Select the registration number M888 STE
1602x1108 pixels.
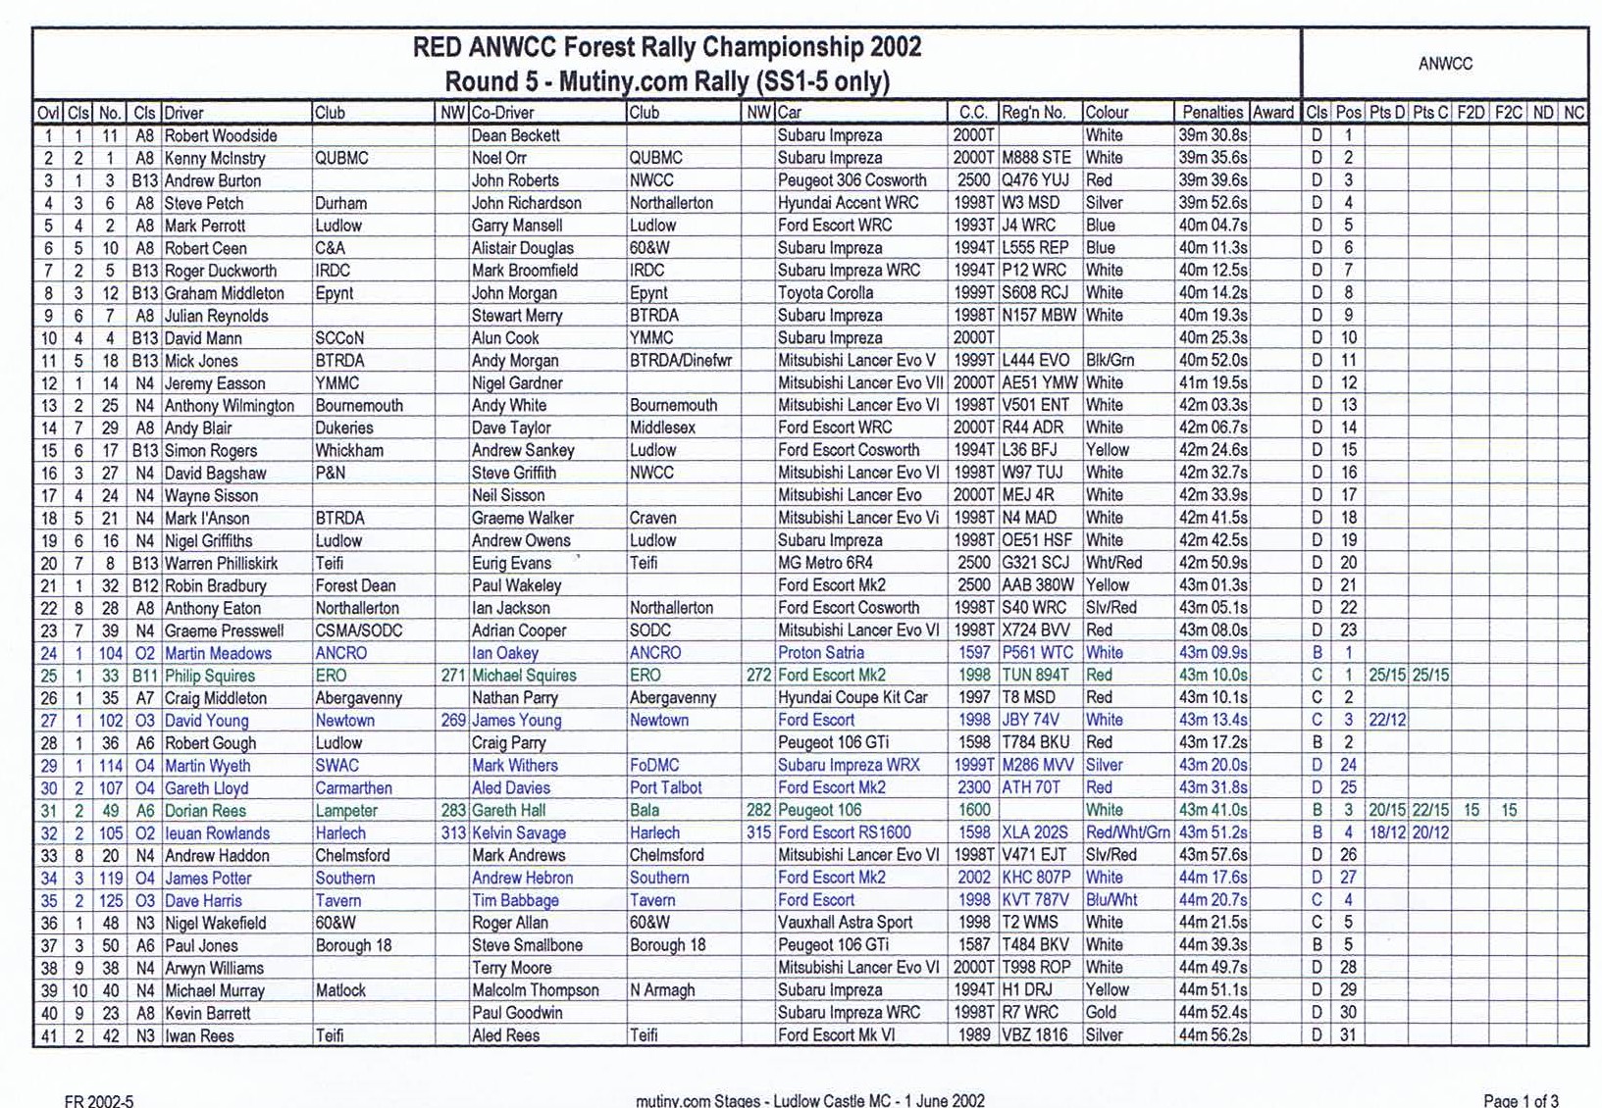(1036, 158)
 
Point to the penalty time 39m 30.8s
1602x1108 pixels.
(1213, 135)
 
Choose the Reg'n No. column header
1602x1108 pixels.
(1033, 113)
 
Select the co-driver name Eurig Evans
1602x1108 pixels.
(511, 563)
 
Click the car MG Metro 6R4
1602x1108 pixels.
(825, 563)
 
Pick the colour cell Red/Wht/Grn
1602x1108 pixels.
(1127, 833)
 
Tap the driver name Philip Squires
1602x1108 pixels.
(209, 676)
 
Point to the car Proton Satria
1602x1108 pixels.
(820, 653)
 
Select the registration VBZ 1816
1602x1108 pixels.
(1034, 1035)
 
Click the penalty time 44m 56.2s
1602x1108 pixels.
(1213, 1035)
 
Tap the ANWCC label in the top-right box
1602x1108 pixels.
(1445, 64)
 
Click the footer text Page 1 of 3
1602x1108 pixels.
(1521, 1100)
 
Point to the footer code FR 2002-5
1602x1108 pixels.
(98, 1100)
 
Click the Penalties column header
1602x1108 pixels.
(1212, 113)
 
